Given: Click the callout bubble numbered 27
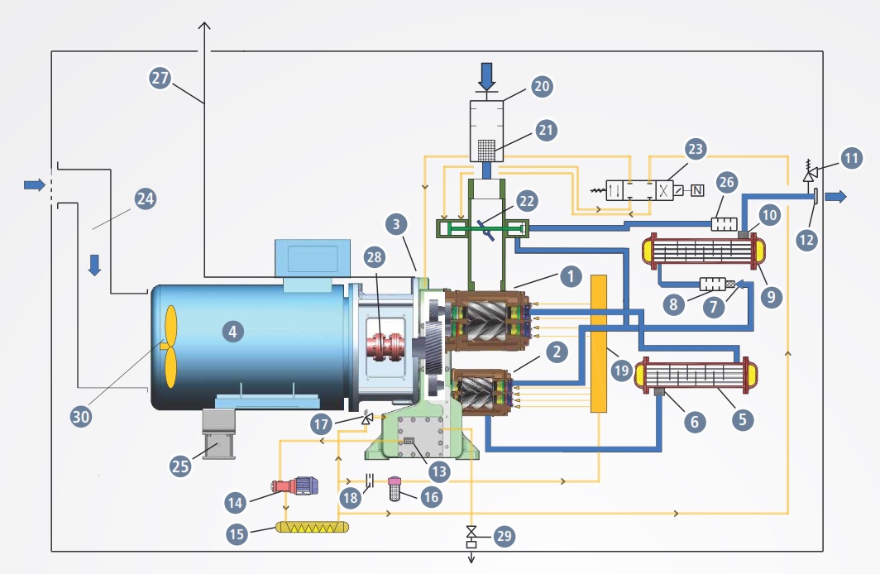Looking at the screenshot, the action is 160,78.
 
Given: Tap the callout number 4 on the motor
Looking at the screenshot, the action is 232,332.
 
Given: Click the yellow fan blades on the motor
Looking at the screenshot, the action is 169,347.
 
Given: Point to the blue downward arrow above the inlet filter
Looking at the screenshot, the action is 486,76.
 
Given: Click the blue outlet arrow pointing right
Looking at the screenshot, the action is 836,196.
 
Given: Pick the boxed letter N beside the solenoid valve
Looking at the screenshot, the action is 697,191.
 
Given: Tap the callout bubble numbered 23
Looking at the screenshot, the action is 695,149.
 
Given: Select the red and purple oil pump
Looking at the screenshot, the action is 295,486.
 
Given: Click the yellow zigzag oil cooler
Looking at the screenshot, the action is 312,528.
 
